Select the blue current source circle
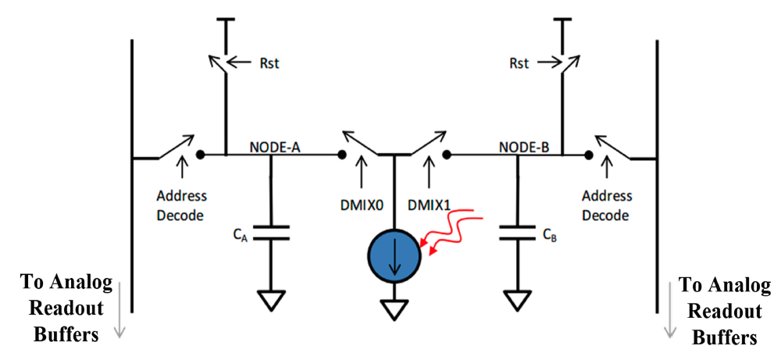click(x=394, y=256)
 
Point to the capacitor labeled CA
click(x=271, y=232)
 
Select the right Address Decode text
click(x=606, y=205)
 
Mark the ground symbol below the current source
click(x=394, y=310)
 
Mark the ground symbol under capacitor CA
click(x=271, y=298)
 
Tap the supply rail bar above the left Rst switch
click(x=226, y=21)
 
